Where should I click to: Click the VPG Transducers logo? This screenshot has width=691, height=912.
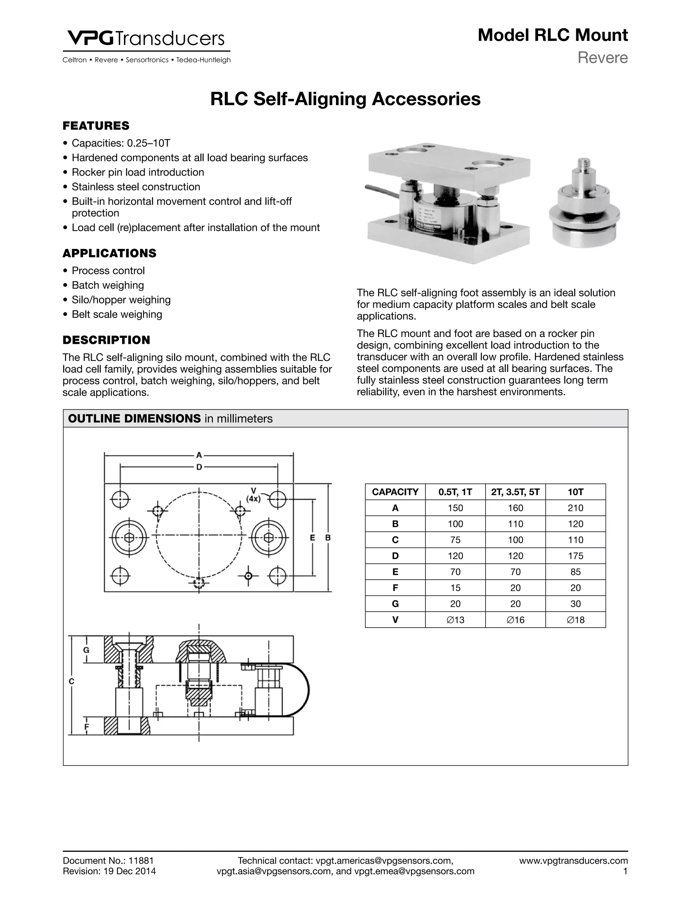tap(146, 39)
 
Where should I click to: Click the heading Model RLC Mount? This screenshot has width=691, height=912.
tap(552, 35)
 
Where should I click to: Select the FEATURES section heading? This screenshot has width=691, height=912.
tap(96, 126)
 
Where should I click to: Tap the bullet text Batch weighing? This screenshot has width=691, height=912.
tap(108, 285)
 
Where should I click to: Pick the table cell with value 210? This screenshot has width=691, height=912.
tap(575, 508)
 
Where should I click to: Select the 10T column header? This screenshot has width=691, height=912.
tap(575, 492)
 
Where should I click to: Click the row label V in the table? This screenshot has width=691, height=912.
tap(395, 620)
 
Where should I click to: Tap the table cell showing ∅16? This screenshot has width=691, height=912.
tap(515, 620)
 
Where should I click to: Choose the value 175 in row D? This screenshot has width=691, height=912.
tap(575, 556)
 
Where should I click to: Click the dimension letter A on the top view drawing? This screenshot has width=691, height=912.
tap(199, 455)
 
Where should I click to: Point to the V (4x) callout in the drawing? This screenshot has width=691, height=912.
tap(253, 495)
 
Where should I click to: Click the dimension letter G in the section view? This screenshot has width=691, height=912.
tap(86, 650)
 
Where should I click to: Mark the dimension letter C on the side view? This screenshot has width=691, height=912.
tap(71, 682)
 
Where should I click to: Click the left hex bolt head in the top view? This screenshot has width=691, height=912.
tap(129, 538)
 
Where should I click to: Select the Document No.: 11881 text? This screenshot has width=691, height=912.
tap(108, 860)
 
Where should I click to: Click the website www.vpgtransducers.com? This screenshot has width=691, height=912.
tap(573, 860)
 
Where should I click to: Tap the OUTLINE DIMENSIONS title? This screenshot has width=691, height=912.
tap(134, 419)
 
